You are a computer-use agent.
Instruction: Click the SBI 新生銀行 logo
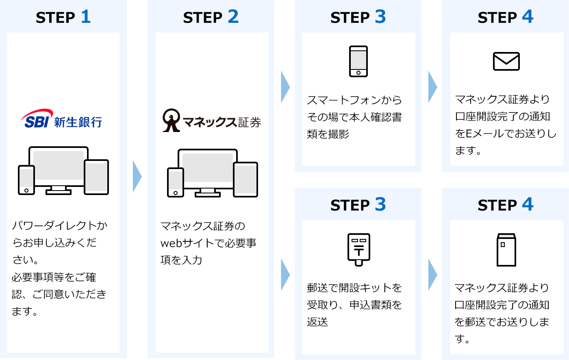[x=61, y=119]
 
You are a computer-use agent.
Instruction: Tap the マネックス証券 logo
[x=211, y=121]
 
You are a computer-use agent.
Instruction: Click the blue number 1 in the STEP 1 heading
[x=85, y=17]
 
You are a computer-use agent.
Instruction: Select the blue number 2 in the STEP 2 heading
[x=233, y=17]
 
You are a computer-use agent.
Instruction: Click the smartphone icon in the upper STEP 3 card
[x=358, y=61]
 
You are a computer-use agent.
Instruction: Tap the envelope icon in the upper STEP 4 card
[x=506, y=61]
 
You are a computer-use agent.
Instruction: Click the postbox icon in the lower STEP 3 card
[x=358, y=249]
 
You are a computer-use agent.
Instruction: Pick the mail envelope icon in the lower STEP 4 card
[x=506, y=250]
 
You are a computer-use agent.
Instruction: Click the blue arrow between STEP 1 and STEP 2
[x=137, y=176]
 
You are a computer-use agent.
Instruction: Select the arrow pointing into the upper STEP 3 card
[x=285, y=87]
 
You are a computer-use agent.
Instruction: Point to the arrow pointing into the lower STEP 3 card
[x=285, y=275]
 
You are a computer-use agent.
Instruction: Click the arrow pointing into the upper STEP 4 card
[x=432, y=87]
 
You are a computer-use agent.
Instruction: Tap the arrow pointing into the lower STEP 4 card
[x=432, y=275]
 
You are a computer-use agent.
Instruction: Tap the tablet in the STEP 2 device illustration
[x=245, y=179]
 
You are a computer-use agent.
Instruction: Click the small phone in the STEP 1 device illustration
[x=26, y=180]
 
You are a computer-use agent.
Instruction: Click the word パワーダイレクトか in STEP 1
[x=59, y=226]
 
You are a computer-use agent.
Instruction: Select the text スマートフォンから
[x=354, y=100]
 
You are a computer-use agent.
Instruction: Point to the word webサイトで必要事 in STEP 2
[x=208, y=243]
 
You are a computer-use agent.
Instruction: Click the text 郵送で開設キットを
[x=354, y=288]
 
